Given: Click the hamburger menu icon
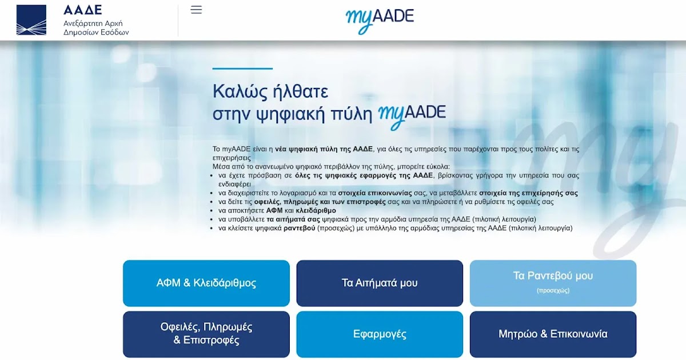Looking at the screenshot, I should tap(196, 10).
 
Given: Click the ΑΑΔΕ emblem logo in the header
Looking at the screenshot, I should tap(31, 20).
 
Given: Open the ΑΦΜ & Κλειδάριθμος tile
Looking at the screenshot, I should tap(206, 283).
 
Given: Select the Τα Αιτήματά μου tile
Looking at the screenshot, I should tap(380, 283).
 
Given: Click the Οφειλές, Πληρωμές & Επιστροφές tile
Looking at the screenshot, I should tap(206, 334).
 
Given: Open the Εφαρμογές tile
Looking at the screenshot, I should tap(380, 334).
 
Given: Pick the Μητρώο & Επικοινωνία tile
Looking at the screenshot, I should tap(553, 334).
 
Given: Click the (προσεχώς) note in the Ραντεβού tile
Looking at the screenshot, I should tap(553, 290).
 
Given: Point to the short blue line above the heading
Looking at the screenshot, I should tap(242, 69).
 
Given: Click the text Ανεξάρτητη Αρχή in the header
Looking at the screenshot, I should tap(93, 23).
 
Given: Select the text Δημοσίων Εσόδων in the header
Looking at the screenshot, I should tap(96, 33).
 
